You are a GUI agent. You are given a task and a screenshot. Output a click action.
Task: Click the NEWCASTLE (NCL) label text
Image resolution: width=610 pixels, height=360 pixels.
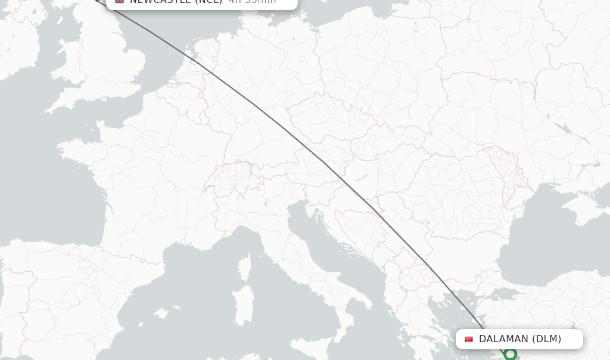click(176, 1)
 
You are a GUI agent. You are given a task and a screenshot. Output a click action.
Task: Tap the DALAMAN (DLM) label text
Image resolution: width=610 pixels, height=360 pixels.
click(520, 339)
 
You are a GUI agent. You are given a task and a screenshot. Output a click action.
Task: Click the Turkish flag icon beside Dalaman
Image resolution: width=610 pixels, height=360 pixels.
click(469, 339)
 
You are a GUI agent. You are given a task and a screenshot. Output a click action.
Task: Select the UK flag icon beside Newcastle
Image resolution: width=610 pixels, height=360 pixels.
click(120, 1)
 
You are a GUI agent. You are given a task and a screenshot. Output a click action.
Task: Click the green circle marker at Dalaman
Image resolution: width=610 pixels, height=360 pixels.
click(510, 354)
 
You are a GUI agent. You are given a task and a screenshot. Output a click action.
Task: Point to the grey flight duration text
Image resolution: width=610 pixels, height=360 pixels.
click(252, 1)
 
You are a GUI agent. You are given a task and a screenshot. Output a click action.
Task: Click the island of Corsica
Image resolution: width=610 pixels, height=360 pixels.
click(246, 265)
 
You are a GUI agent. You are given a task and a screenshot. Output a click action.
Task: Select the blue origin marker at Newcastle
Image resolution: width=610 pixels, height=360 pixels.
click(98, 1)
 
